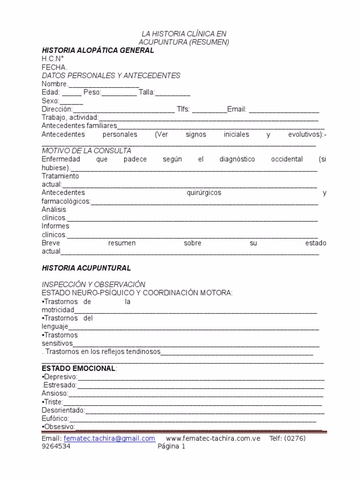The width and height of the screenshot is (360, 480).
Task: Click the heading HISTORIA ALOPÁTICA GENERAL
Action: pos(98,50)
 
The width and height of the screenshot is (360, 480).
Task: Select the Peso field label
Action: pos(92,92)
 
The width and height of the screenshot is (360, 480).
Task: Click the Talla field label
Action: pos(146,92)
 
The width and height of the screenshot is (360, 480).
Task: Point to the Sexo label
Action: pos(50,101)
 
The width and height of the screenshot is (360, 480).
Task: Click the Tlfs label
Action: pos(183,109)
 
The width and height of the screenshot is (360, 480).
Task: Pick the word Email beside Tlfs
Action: pos(237,109)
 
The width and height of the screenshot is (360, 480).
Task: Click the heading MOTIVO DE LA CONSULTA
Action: pos(86,150)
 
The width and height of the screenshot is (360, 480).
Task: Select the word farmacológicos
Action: pos(66,201)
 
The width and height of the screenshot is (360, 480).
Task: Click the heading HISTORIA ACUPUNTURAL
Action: pos(86,268)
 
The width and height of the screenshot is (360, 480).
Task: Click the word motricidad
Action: pos(58,310)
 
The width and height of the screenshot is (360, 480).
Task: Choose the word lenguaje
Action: pos(55,326)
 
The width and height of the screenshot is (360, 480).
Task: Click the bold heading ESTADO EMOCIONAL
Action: pos(78,368)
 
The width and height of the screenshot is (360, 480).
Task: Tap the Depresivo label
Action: pos(60,377)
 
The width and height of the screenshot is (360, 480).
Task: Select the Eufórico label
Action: pos(55,419)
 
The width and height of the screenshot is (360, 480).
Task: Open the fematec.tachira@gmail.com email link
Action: pos(109,438)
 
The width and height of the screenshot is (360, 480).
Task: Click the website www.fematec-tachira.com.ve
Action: pos(213,438)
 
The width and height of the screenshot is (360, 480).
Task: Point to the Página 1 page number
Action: pos(172,447)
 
